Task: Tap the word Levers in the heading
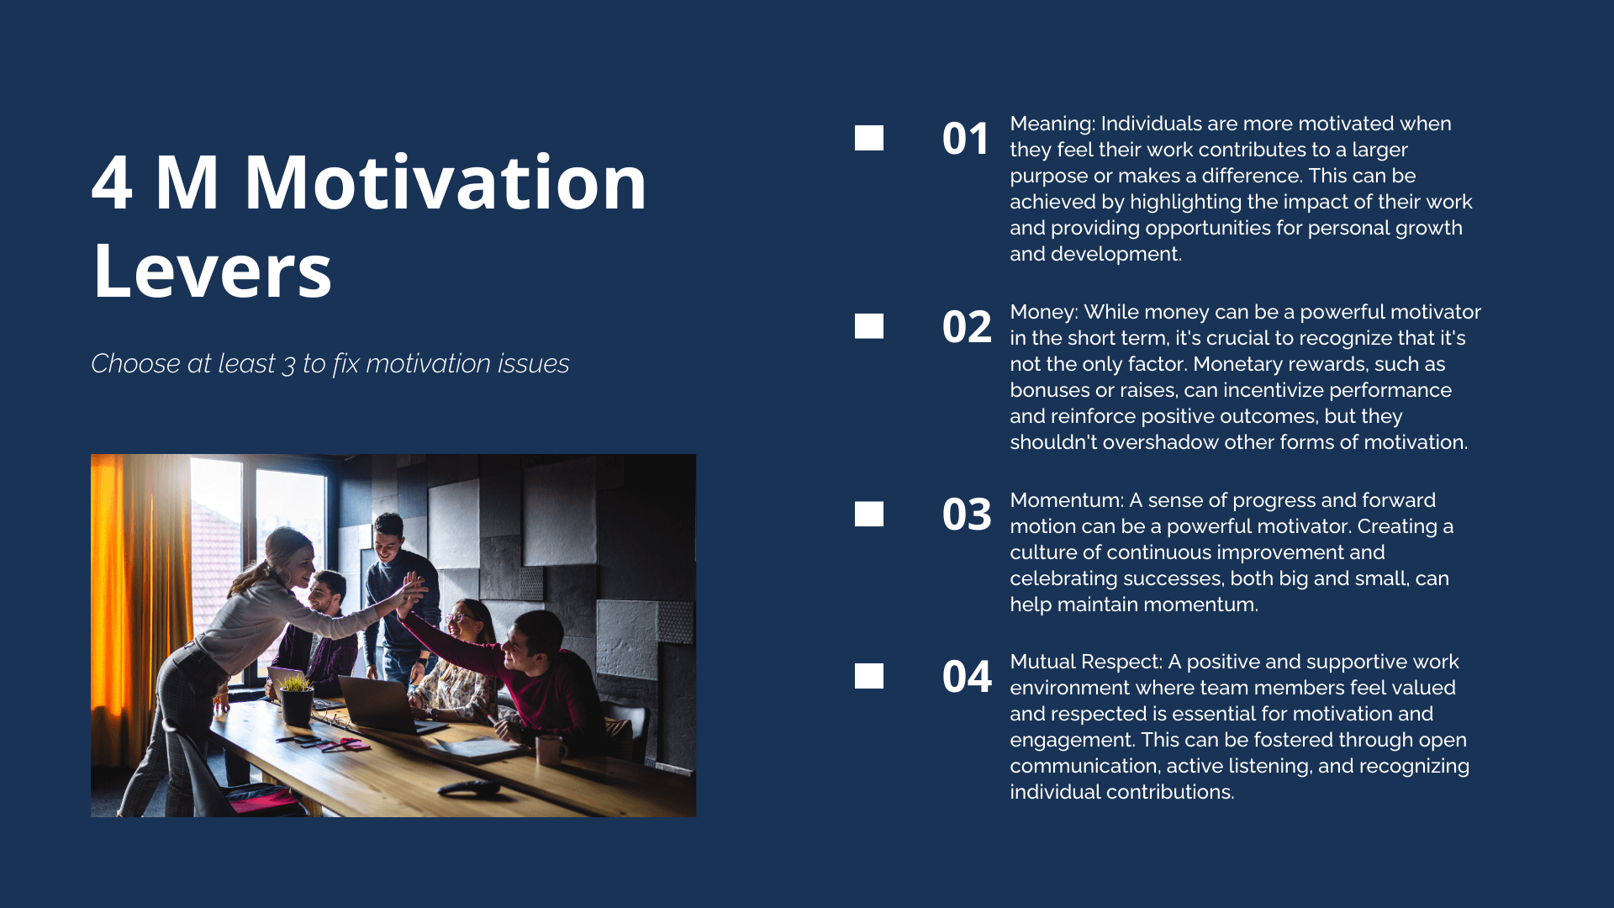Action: (213, 271)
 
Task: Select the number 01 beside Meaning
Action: (966, 139)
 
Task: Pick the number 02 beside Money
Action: (967, 327)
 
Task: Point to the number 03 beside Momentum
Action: (967, 515)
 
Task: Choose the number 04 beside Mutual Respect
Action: (967, 677)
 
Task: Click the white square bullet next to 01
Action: (869, 138)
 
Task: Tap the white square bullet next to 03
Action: (869, 514)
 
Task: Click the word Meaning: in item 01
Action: (1052, 124)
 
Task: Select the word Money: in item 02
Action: (1044, 313)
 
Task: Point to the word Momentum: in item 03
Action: (1067, 500)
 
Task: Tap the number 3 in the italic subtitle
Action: (289, 365)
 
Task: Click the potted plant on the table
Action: (296, 699)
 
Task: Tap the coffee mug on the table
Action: (550, 748)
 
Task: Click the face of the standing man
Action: (388, 542)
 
